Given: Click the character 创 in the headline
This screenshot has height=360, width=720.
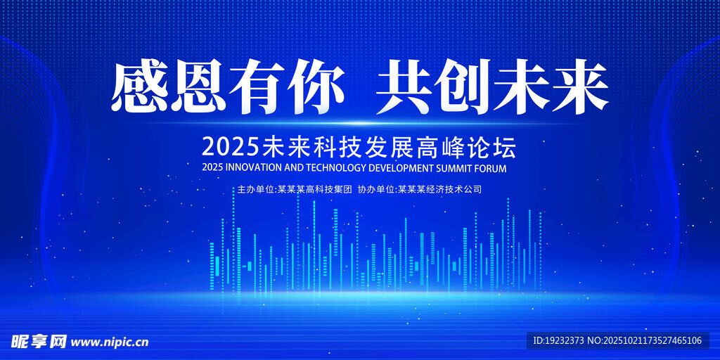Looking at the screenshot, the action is (x=463, y=86).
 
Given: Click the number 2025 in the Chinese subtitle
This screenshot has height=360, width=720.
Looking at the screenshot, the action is (x=231, y=148).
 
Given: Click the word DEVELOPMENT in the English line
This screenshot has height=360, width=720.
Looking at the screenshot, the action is (x=401, y=168).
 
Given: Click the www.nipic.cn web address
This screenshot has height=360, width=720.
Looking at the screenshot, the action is (x=110, y=342).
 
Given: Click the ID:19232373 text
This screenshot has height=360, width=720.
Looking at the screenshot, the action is (x=559, y=341).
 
